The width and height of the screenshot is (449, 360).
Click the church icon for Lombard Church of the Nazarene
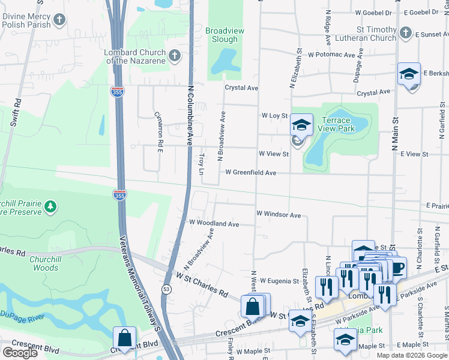[x=174, y=56]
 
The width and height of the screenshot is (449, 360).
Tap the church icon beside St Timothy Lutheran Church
[x=406, y=33]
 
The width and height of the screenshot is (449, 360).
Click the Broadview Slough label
[x=221, y=35]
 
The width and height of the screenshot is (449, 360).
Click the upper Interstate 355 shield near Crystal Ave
[x=118, y=91]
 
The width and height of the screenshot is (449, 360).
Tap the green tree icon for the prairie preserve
[x=51, y=207]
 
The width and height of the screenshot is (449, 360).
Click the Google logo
[x=19, y=353]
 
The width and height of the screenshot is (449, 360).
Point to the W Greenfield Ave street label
[x=250, y=173]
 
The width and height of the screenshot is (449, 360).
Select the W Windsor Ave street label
[x=278, y=214]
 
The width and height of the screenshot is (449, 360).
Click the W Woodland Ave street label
[x=214, y=224]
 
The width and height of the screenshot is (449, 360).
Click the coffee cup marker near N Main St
[x=396, y=267]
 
